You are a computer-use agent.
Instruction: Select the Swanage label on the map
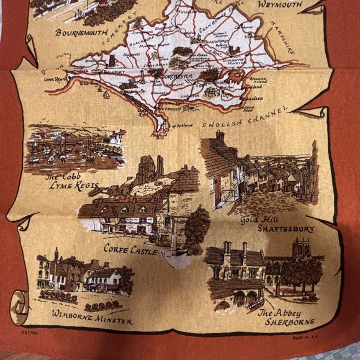coord(251,97)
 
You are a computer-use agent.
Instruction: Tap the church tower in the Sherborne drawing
coord(302,248)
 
